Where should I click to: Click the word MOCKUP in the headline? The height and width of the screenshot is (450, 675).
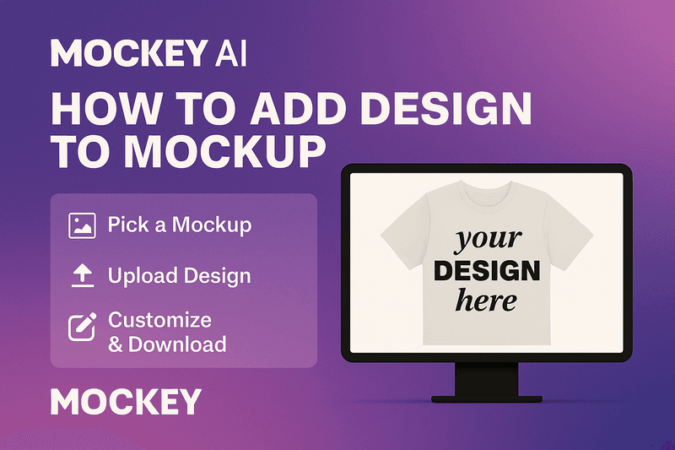224,151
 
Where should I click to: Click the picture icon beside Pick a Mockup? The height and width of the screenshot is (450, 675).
82,225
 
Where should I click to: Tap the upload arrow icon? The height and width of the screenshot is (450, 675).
82,276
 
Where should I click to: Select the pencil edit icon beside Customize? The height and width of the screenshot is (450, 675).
82,327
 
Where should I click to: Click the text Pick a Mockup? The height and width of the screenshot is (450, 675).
180,225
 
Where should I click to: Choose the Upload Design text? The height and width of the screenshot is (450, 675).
179,275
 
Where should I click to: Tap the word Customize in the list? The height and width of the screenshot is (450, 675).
159,320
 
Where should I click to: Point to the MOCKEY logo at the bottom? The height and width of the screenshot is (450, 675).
126,401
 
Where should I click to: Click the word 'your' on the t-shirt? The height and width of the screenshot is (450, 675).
488,240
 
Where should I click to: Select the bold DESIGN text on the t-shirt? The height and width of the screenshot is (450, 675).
487,271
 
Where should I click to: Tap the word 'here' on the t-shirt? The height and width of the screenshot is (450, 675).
486,301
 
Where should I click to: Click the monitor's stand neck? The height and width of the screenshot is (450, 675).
487,379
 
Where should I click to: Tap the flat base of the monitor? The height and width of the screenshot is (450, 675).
487,399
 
